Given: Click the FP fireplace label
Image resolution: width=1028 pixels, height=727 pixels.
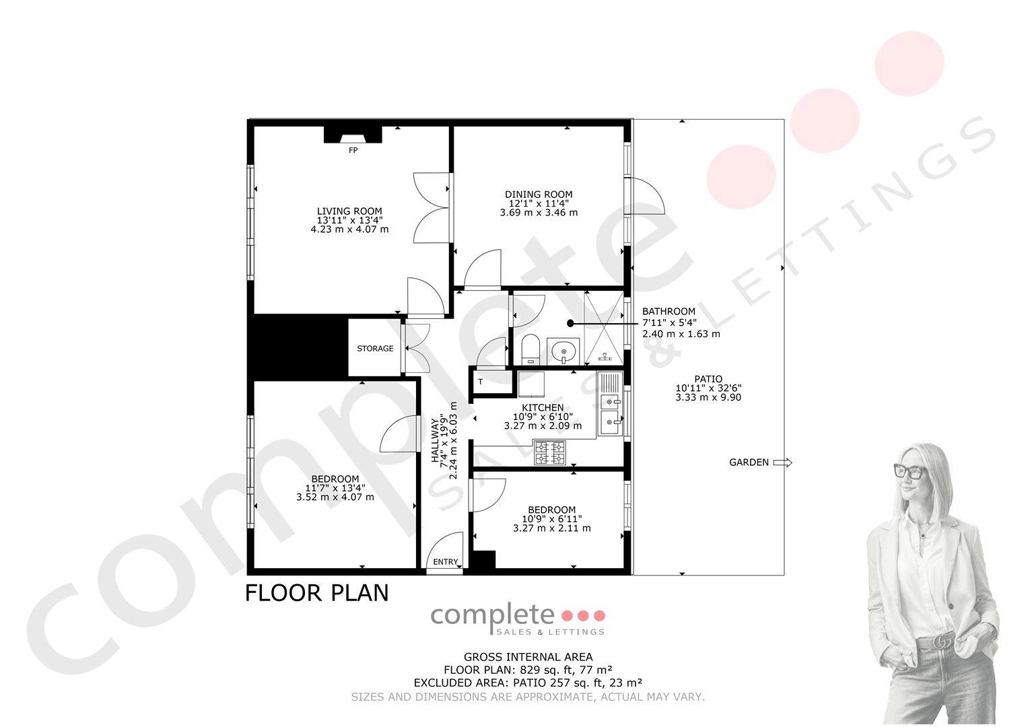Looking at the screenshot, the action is (x=353, y=151).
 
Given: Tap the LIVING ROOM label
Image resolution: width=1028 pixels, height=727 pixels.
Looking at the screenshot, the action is (x=349, y=211).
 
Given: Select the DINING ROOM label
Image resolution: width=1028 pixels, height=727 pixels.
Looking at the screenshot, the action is (x=539, y=195).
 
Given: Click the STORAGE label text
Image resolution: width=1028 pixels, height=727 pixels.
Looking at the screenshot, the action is (x=375, y=349).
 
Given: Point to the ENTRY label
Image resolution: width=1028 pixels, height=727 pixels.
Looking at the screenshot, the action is (x=445, y=562).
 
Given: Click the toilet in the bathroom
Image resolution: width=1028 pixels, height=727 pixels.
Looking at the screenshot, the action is (x=531, y=349).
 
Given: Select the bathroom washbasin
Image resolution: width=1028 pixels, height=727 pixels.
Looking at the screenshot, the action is (x=563, y=351).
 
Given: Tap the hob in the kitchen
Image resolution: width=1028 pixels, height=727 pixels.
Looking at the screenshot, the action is (x=550, y=452).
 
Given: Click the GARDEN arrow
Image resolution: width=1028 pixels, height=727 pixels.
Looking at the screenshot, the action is (x=782, y=462).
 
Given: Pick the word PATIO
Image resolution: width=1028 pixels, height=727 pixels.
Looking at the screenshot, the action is (x=708, y=379).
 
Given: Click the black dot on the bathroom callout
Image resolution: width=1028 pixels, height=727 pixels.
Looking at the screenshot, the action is (x=570, y=324).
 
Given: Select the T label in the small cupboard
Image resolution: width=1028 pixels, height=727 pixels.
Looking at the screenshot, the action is (x=481, y=382).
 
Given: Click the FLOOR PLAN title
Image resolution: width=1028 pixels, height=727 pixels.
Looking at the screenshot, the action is (x=316, y=593).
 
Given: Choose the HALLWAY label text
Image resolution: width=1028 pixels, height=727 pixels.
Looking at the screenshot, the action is (x=435, y=441).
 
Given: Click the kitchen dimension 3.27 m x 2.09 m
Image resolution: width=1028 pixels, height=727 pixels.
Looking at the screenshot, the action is (x=543, y=426).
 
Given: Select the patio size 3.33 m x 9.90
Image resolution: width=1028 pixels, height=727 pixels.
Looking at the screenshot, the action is (x=708, y=397).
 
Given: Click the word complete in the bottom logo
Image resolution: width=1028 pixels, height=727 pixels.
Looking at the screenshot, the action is (x=492, y=616).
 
